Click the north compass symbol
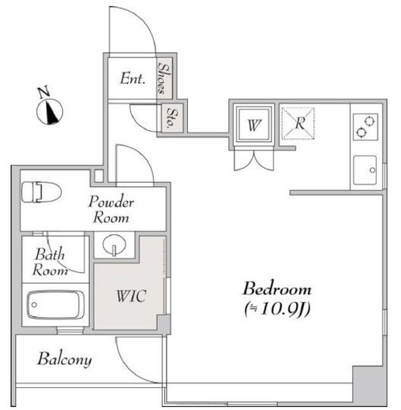tap(50, 111)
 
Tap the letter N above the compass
tap(43, 91)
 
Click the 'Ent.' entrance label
tap(133, 78)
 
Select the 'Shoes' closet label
tap(165, 78)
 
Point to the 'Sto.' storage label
tap(172, 118)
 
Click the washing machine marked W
tap(254, 124)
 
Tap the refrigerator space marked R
tap(298, 123)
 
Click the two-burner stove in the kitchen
tap(365, 127)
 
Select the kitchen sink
tap(365, 170)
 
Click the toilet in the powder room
tap(41, 192)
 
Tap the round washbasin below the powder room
tap(114, 244)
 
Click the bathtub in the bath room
tap(56, 304)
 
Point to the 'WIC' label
tap(131, 296)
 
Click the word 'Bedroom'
tap(277, 289)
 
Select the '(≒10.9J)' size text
tap(277, 309)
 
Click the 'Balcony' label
tap(65, 359)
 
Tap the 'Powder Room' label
tap(111, 209)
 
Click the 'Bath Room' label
tap(50, 262)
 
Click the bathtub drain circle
tap(34, 305)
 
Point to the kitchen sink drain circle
tap(373, 170)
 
